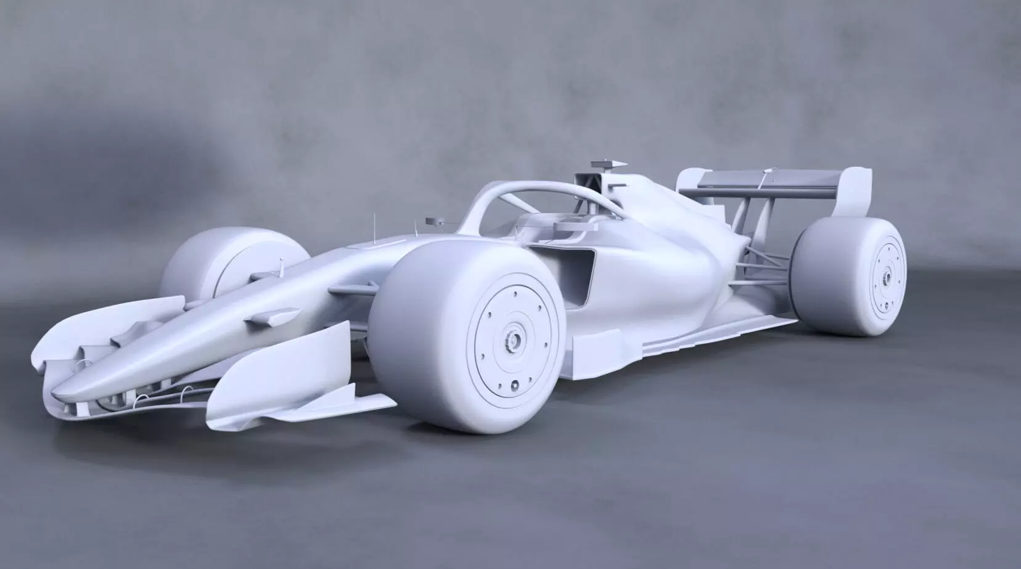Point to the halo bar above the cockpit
tap(493, 197)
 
